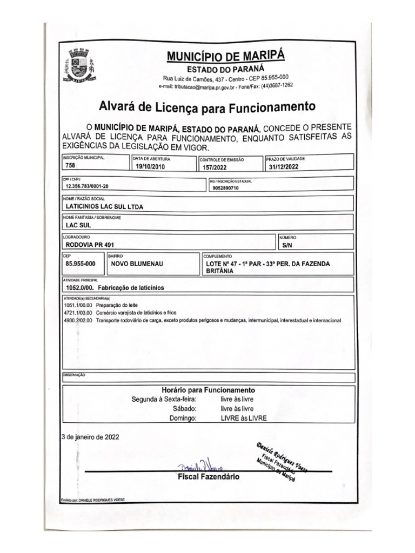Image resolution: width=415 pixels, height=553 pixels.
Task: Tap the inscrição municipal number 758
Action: point(70,166)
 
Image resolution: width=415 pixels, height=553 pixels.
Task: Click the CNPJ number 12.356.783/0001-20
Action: point(86,186)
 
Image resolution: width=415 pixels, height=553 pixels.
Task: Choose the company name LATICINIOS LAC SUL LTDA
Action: point(104,206)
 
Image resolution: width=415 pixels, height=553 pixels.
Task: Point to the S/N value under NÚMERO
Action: point(286,245)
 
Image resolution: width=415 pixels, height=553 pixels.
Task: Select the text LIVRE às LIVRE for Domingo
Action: point(244,418)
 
